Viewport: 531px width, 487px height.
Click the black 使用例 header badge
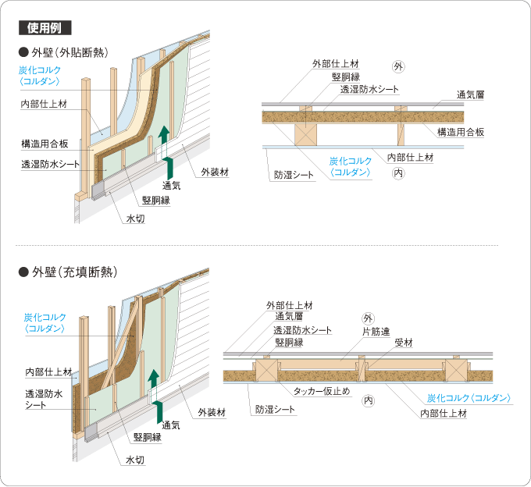coord(45,28)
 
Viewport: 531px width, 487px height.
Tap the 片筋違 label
coord(376,332)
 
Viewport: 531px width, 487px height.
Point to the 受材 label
coord(404,343)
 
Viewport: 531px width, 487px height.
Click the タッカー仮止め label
coord(322,391)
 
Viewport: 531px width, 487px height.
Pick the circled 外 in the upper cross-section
coord(398,66)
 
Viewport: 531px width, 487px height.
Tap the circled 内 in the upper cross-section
coord(398,173)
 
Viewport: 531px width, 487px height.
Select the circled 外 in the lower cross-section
coord(368,318)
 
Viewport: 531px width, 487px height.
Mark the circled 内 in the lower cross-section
coord(368,400)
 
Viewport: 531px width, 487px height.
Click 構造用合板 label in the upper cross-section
coord(461,132)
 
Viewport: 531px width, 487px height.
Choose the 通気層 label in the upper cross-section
coord(470,94)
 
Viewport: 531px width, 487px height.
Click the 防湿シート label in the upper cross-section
coord(294,175)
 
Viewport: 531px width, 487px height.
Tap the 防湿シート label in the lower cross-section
coord(275,410)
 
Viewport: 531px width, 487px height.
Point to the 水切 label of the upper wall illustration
coord(135,219)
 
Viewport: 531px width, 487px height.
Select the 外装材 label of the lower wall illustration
coord(212,412)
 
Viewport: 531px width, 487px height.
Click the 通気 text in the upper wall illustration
coord(171,186)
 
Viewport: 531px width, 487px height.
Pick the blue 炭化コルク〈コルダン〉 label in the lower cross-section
coord(469,398)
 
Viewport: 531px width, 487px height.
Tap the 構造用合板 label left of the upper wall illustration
coord(45,144)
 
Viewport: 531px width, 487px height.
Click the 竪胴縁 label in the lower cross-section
coord(289,342)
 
